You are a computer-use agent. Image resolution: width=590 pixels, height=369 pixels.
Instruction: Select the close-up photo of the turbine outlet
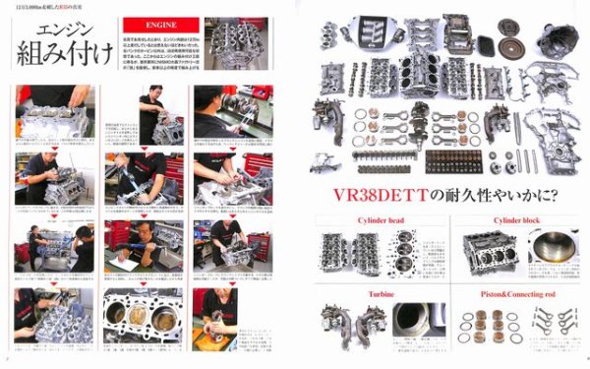(x=413, y=326)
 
